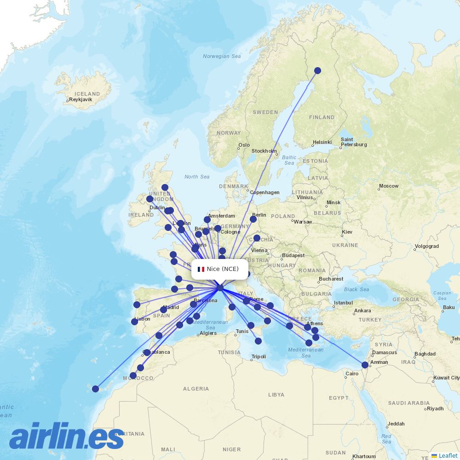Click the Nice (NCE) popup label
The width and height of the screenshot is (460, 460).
tap(223, 269)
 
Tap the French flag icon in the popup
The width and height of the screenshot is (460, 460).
tap(201, 269)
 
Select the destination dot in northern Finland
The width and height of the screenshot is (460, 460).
tap(317, 70)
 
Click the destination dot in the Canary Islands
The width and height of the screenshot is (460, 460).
tap(95, 389)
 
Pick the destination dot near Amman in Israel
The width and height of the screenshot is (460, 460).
tap(365, 365)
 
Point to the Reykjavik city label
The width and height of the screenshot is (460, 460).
tap(81, 99)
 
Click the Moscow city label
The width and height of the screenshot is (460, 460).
tap(389, 186)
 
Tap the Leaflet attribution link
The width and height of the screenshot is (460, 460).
tap(448, 455)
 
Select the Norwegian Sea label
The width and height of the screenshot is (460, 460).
tap(222, 57)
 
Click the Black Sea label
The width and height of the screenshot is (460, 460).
tap(356, 289)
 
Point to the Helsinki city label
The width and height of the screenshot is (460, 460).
tap(322, 142)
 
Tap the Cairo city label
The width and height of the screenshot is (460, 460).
tap(352, 374)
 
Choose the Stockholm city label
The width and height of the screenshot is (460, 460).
tap(264, 151)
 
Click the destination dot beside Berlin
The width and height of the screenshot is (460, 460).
tap(253, 219)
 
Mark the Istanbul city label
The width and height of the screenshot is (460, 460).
tap(343, 303)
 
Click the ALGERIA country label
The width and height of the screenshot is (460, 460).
tap(196, 389)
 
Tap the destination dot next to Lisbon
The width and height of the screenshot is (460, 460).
tap(134, 322)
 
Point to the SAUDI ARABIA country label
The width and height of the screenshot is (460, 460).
tap(408, 403)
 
